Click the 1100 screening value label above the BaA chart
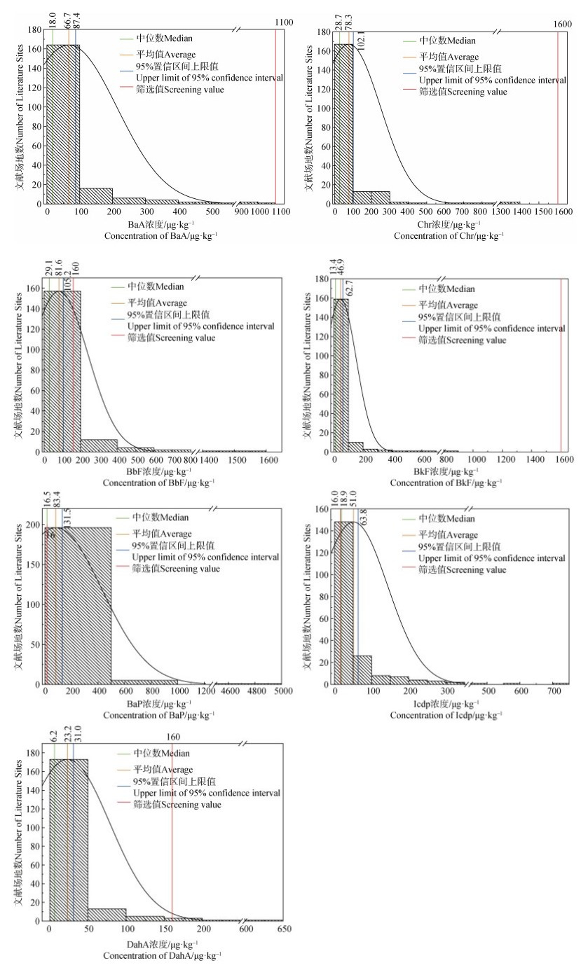283,23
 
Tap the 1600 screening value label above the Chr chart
563,24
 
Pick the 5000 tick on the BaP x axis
281,691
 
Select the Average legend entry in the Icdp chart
448,534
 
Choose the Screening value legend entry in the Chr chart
462,92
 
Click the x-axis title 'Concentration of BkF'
446,483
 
